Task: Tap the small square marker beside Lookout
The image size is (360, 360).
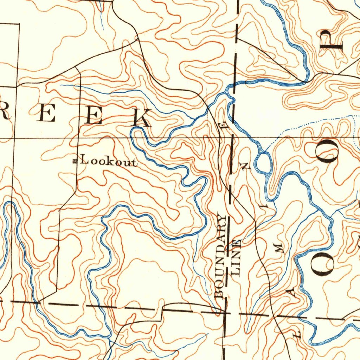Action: click(75, 161)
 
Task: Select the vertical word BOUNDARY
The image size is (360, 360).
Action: click(221, 256)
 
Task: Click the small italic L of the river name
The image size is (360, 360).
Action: click(297, 333)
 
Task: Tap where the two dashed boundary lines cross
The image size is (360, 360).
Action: click(225, 311)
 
